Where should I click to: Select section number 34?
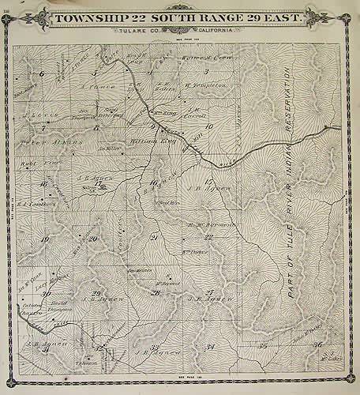point(210,346)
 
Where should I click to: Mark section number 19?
point(45,239)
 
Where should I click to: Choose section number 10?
point(209,126)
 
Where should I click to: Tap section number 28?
point(156,293)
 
